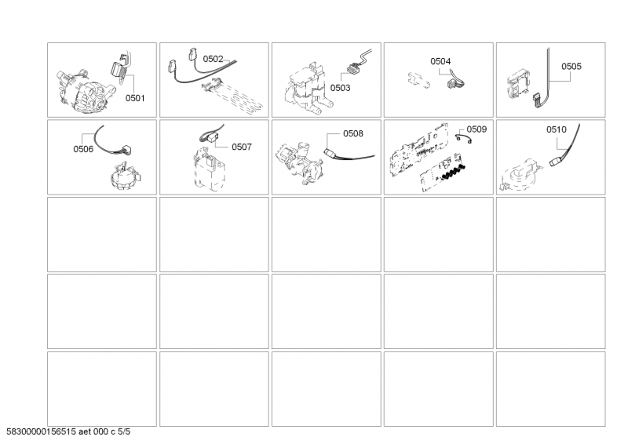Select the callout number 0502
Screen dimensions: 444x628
(213, 59)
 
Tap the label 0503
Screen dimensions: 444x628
(340, 89)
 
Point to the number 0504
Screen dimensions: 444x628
(440, 60)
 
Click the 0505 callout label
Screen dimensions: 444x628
(571, 67)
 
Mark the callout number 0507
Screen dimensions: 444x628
(241, 147)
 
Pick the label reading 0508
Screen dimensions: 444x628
(352, 133)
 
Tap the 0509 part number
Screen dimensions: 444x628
(476, 128)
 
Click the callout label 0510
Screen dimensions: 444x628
(557, 129)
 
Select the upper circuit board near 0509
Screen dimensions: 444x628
(418, 147)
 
